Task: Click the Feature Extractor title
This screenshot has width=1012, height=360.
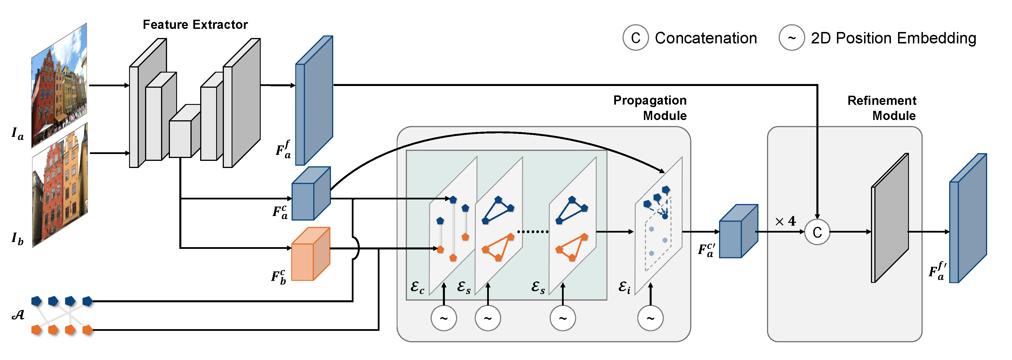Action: point(195,25)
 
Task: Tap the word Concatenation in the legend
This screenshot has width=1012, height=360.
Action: point(706,38)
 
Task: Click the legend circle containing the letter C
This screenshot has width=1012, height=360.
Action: point(635,38)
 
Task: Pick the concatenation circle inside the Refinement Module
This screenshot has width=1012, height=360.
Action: point(817,232)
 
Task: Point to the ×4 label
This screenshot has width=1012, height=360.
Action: point(785,221)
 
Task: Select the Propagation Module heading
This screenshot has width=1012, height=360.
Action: point(650,108)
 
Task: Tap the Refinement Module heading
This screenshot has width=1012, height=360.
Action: point(882,108)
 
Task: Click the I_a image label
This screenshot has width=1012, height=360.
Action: point(17,134)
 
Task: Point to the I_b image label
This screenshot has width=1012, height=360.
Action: point(17,239)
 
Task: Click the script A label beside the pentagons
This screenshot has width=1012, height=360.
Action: point(18,315)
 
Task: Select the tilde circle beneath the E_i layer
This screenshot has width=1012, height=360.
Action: point(650,318)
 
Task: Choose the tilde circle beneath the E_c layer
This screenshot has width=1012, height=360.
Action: point(444,318)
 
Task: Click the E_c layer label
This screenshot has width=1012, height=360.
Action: point(417,288)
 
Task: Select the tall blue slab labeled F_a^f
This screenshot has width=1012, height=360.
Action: point(314,101)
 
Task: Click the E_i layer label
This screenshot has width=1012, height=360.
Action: point(625,288)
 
